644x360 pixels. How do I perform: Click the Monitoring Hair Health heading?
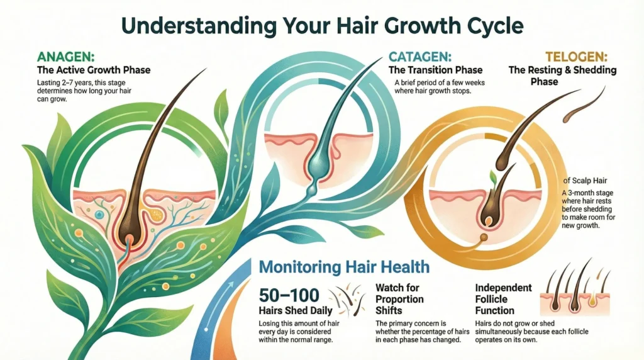click(x=343, y=267)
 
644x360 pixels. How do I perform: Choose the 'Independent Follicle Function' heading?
click(x=503, y=299)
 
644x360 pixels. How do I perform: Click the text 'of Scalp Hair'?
click(x=580, y=182)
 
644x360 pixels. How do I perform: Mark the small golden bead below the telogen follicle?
click(x=484, y=238)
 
